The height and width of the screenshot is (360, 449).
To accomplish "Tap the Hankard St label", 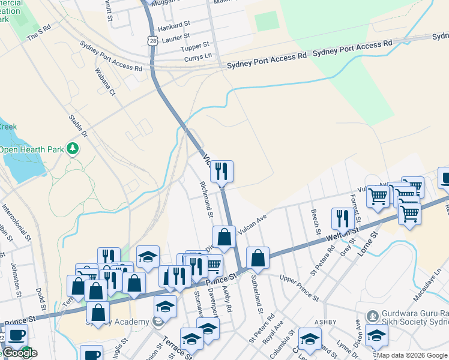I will coord(173,28).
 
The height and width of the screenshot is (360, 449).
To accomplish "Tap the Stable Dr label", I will coord(78,126).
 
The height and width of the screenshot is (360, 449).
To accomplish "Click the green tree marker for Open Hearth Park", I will coord(73,148).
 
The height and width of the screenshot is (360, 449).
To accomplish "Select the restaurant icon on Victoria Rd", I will coord(221,171).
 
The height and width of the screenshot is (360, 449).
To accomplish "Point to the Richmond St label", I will coord(206,199).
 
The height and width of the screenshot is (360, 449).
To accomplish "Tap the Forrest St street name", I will coord(355,206).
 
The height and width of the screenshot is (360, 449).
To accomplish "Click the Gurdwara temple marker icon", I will coord(373,316).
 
